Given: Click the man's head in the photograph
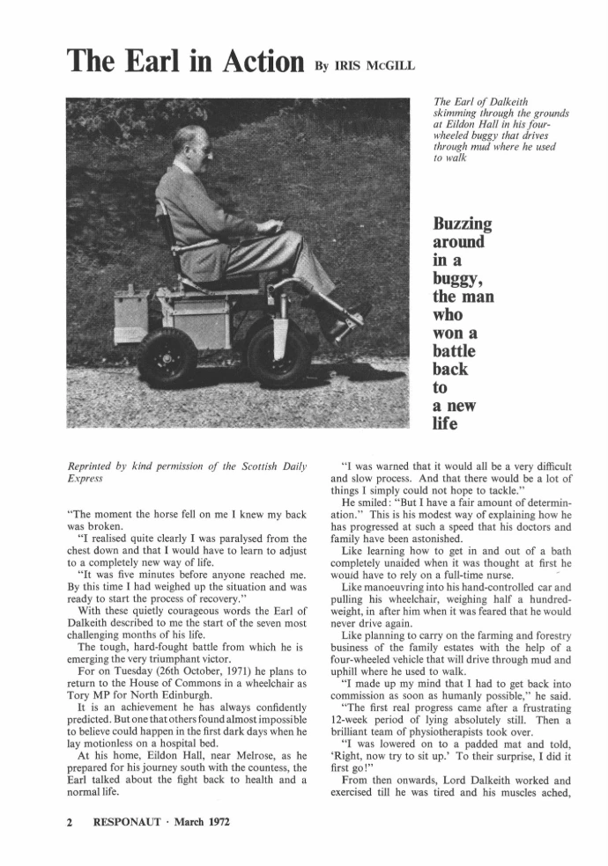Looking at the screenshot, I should coord(191,147).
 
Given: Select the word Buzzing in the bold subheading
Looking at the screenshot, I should coord(461,224).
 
